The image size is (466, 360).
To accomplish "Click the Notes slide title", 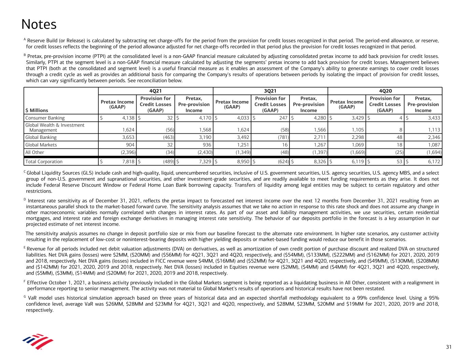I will (x=39, y=25).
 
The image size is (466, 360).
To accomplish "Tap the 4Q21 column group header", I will (x=155, y=91).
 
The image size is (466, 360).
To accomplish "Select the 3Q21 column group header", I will (x=270, y=91).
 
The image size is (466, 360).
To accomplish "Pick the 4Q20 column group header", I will (x=385, y=91).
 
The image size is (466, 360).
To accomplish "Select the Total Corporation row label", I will (x=44, y=161).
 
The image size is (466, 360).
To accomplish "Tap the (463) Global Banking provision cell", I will (x=168, y=137).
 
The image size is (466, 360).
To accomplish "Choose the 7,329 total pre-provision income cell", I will (x=203, y=161).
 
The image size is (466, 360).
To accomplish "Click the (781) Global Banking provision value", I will (x=283, y=137).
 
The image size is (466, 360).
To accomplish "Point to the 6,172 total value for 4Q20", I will (x=433, y=161).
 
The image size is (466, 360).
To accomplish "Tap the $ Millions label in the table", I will (x=37, y=110).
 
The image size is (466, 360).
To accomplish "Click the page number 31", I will (x=449, y=347).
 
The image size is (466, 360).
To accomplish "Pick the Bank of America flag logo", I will (x=38, y=342).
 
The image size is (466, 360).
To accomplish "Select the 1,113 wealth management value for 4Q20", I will (x=434, y=130).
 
